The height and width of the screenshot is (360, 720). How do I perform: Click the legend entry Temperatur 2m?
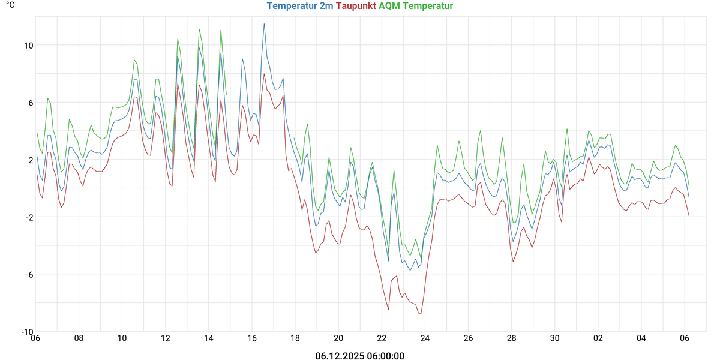pyautogui.click(x=300, y=7)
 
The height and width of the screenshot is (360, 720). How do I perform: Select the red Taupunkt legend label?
pyautogui.click(x=356, y=7)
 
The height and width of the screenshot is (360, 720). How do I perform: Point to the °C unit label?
pyautogui.click(x=10, y=5)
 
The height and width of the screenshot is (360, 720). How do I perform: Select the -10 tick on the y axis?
pyautogui.click(x=27, y=332)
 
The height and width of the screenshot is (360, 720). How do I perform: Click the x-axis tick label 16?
pyautogui.click(x=252, y=338)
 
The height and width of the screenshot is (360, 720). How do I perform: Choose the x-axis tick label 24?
pyautogui.click(x=425, y=338)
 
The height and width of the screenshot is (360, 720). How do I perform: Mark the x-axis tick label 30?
pyautogui.click(x=555, y=338)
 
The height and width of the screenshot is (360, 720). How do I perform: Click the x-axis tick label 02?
pyautogui.click(x=598, y=338)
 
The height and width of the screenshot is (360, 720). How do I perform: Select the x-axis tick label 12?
pyautogui.click(x=166, y=338)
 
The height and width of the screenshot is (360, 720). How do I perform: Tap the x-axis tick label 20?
pyautogui.click(x=338, y=338)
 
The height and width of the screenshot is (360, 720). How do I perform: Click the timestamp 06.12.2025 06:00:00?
pyautogui.click(x=360, y=356)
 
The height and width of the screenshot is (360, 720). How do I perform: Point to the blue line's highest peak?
pyautogui.click(x=264, y=24)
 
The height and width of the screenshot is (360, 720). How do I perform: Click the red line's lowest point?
pyautogui.click(x=421, y=313)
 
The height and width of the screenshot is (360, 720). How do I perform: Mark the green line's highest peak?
pyautogui.click(x=199, y=29)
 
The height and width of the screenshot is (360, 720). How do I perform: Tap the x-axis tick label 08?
pyautogui.click(x=79, y=338)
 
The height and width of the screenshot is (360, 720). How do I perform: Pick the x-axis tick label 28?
pyautogui.click(x=512, y=338)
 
